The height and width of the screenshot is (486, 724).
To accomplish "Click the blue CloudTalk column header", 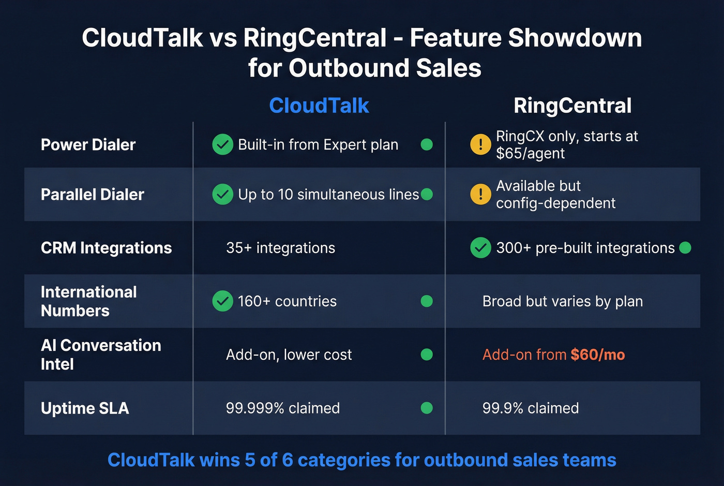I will click(319, 106).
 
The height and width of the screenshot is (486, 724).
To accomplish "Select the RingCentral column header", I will click(572, 106).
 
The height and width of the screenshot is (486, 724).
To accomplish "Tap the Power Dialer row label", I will click(88, 144).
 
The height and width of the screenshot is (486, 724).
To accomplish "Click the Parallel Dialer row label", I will click(92, 194).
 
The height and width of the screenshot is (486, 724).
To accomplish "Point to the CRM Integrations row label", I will click(106, 248).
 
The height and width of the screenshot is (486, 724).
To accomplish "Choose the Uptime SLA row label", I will click(85, 408).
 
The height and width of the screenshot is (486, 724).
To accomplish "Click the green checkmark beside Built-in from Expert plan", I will click(222, 144).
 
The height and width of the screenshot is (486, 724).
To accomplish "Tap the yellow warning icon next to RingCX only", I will click(480, 144).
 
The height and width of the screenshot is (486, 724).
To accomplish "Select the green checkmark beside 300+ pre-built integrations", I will click(480, 248).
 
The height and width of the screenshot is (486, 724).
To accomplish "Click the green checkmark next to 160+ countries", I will click(222, 301).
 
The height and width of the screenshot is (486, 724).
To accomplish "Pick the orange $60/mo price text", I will click(598, 355).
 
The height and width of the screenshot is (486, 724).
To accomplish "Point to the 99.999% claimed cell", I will click(282, 408).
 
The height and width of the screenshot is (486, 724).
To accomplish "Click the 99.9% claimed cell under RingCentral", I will click(530, 408).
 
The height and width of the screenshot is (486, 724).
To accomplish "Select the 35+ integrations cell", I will click(280, 248).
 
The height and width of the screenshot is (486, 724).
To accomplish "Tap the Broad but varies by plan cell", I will click(562, 301).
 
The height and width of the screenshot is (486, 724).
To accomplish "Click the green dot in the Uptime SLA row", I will click(427, 408).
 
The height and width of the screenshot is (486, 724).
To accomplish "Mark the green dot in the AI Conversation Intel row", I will click(427, 355).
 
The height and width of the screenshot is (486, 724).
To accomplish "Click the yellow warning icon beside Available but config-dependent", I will click(480, 194).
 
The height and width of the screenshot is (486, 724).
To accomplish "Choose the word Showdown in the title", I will click(575, 38).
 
